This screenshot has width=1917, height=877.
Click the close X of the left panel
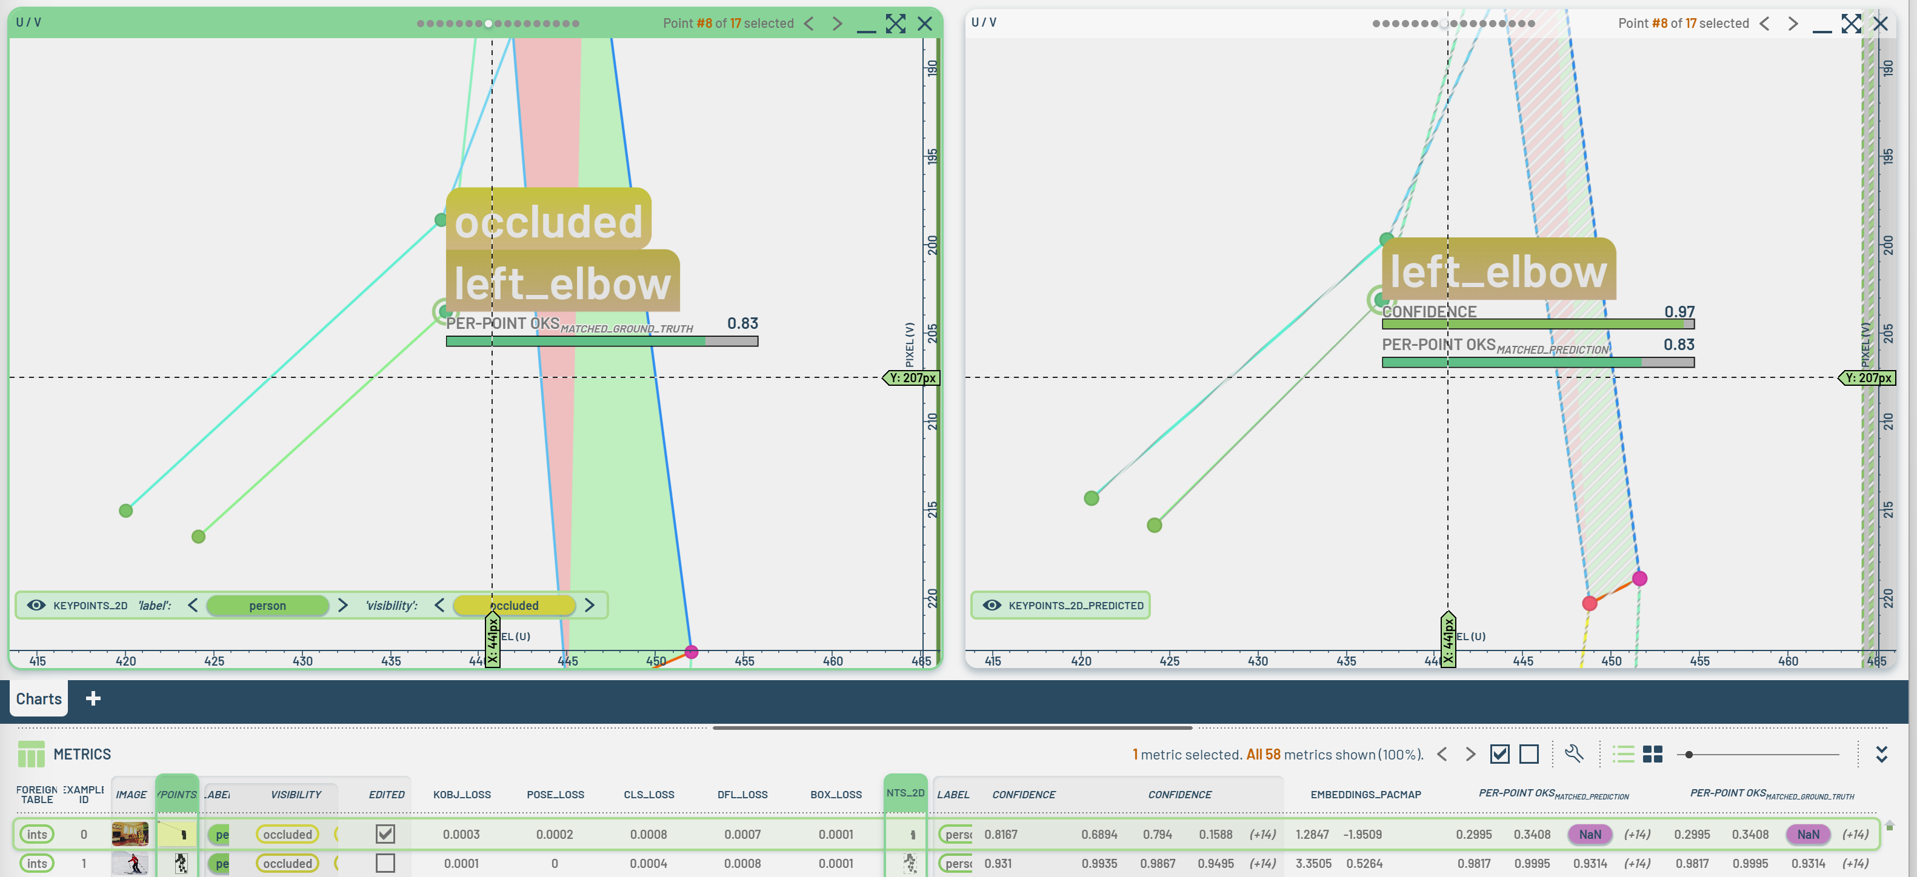pos(925,24)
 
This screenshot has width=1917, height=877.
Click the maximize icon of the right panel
pos(1851,24)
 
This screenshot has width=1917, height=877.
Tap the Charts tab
pos(39,698)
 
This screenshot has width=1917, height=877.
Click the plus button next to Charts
pos(93,698)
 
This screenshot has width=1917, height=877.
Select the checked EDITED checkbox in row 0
pos(385,834)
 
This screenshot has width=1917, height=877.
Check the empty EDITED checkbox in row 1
pos(385,863)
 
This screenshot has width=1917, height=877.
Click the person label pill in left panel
pos(267,606)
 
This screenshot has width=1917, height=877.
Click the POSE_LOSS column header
pos(555,795)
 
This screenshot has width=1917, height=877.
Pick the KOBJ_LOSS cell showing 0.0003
pos(461,835)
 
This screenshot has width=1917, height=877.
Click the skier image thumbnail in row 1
pos(130,863)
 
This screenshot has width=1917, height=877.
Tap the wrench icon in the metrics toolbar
pos(1574,753)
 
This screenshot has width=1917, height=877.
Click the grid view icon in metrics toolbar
pos(1652,754)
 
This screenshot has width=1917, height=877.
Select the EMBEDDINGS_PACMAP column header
pos(1365,795)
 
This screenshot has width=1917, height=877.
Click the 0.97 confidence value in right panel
pos(1679,312)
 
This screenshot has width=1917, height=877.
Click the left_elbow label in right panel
pos(1498,271)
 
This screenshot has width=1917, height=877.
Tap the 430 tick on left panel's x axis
pos(302,661)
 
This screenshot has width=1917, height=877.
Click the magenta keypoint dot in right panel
pos(1639,578)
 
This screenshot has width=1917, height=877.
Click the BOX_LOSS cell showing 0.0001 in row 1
pos(836,864)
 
